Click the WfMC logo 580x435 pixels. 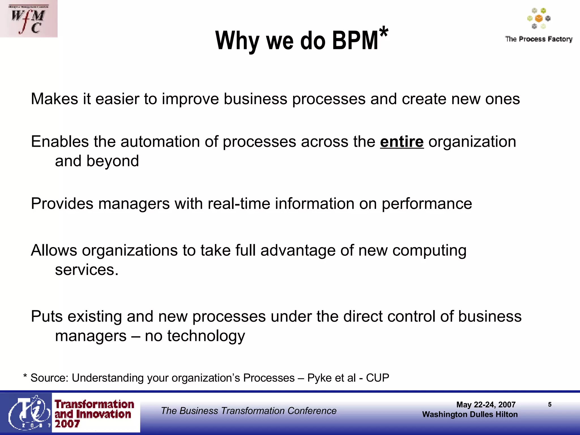(x=29, y=19)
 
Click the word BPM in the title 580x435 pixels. (x=355, y=40)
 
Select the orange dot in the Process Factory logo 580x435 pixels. (x=539, y=19)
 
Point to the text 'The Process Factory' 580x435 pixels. (x=539, y=39)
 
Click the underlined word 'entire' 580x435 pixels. (x=402, y=142)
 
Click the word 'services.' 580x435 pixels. (x=87, y=270)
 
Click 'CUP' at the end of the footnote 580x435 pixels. (x=378, y=378)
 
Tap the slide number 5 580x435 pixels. (x=550, y=404)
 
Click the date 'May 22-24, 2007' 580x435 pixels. (x=486, y=404)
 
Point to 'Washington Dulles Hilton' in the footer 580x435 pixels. (x=470, y=414)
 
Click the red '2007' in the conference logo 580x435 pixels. (x=67, y=424)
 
